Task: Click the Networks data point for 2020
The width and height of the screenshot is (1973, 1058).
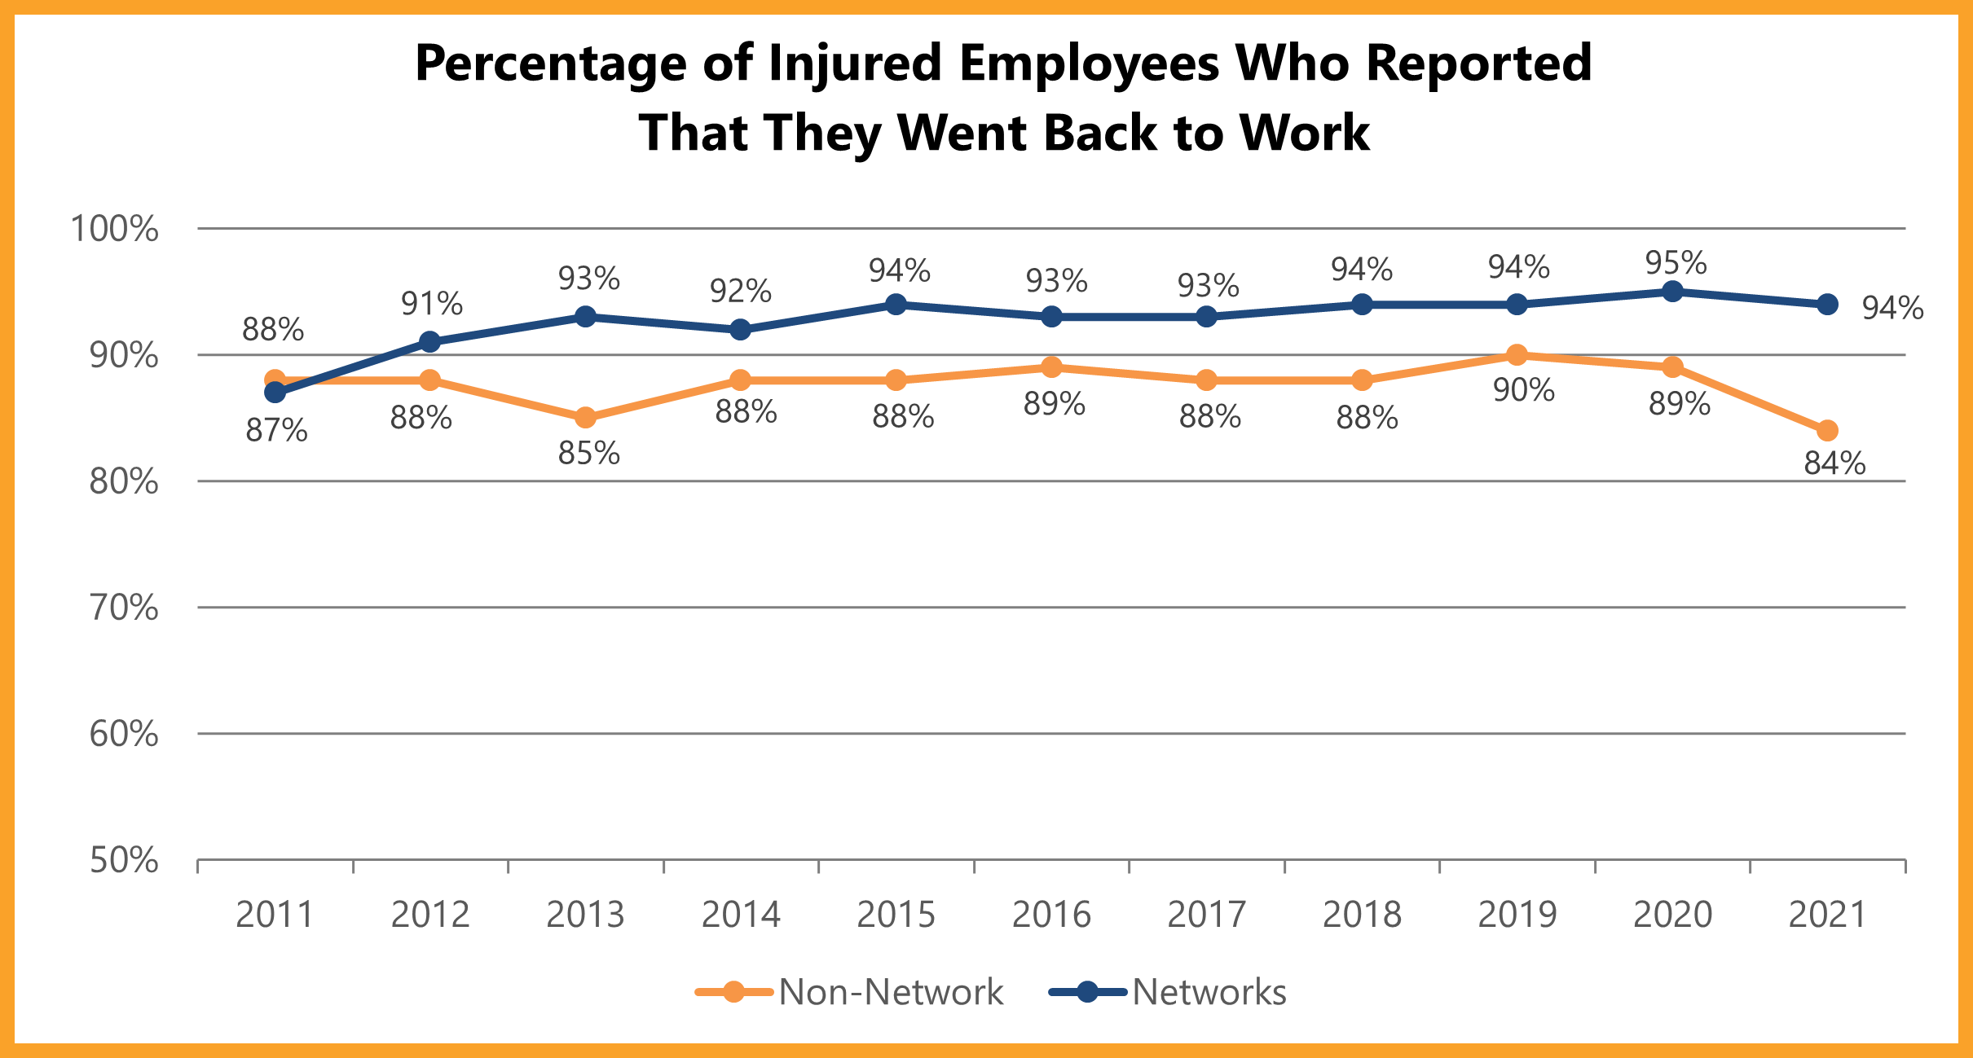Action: tap(1672, 292)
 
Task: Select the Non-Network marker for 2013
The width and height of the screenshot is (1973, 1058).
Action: tap(585, 418)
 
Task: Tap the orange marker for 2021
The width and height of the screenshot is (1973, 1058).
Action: tap(1827, 430)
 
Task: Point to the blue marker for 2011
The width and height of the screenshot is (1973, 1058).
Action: tap(275, 393)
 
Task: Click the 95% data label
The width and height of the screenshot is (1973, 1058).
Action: tap(1676, 263)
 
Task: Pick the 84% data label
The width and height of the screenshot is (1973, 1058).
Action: tap(1834, 463)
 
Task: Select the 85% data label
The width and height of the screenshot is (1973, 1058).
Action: tap(588, 454)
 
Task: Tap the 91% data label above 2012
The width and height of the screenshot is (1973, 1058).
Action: tap(431, 305)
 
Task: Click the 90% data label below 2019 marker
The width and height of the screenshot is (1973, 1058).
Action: tap(1523, 391)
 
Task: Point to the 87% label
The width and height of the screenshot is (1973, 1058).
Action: tap(276, 431)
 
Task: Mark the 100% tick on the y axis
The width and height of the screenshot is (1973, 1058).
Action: tap(114, 229)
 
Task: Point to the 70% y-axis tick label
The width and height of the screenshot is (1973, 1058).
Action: tap(123, 608)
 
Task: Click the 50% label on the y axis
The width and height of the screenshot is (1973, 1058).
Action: tap(123, 860)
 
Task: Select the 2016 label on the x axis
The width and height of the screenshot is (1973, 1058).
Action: tap(1051, 915)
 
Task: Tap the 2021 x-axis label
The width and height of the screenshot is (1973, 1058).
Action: tap(1827, 915)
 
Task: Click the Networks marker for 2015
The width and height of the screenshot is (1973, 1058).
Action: tap(896, 305)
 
